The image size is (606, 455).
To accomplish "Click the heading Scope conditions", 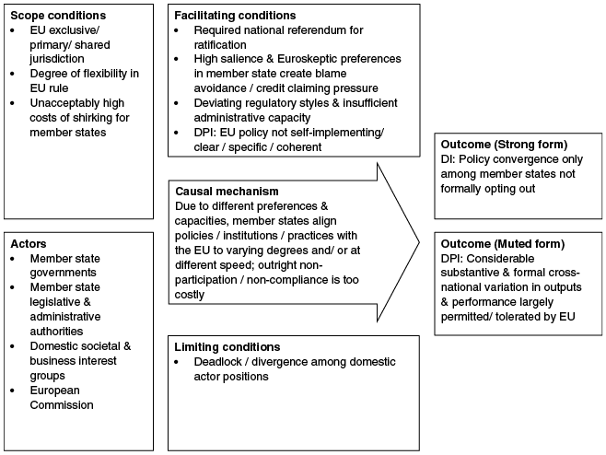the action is (x=58, y=16).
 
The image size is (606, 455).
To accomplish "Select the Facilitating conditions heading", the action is (x=235, y=16).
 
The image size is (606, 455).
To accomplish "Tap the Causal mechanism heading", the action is (x=227, y=192).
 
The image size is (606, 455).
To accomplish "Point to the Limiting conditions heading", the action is (x=227, y=346).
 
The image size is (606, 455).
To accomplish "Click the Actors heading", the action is (x=29, y=243).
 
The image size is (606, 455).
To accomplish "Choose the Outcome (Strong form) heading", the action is (x=504, y=145).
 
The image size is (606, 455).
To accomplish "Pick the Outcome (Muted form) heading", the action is (x=503, y=244).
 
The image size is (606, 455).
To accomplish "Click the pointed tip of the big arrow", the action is (x=419, y=243).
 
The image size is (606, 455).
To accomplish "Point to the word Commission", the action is (x=62, y=404).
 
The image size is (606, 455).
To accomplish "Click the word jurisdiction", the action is (x=57, y=59).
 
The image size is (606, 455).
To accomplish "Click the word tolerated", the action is (x=526, y=317).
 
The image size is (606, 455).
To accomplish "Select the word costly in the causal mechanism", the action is (x=190, y=295).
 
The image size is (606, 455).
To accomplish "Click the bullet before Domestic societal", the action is (x=13, y=346).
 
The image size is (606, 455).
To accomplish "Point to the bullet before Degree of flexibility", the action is (x=13, y=74).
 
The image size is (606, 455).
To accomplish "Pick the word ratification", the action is (x=220, y=45).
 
